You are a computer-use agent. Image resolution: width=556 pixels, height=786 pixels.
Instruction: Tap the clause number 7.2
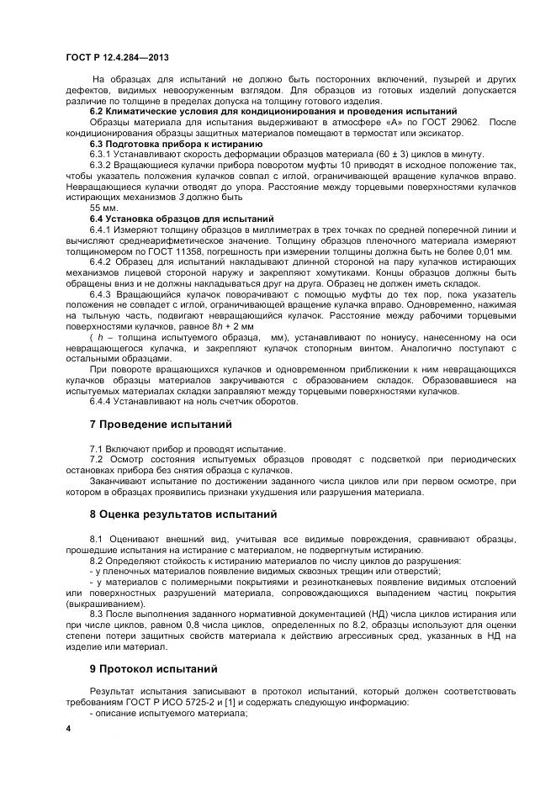click(x=96, y=460)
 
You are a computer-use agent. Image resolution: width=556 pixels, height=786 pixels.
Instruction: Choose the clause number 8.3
click(x=96, y=614)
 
